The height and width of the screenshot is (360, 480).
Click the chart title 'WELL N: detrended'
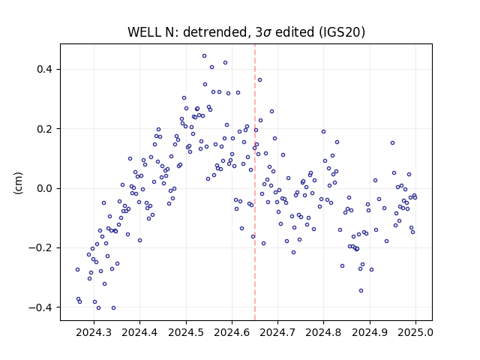coord(187,32)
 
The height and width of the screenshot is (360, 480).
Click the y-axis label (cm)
coord(18,183)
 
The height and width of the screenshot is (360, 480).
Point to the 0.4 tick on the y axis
coord(45,69)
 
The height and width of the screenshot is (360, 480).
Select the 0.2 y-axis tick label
coord(45,129)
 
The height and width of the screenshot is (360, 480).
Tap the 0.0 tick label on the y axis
coord(45,188)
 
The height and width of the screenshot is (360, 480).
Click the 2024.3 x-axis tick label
coord(94,332)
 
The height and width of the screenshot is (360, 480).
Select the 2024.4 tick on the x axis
coord(139,332)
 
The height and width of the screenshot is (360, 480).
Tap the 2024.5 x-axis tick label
coord(186,332)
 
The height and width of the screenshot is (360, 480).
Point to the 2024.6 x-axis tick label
coord(232,332)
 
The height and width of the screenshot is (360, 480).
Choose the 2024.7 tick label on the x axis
coord(277,332)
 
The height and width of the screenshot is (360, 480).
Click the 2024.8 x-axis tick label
coord(323,332)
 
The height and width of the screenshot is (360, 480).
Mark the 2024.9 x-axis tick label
coord(370,332)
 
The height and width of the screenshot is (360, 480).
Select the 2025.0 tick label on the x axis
coord(415,332)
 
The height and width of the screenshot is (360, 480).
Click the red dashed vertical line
coord(255,182)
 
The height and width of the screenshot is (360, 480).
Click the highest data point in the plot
coord(204,56)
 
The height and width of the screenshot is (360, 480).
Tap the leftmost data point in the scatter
coord(77,270)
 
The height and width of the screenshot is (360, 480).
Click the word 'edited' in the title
coord(295,32)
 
